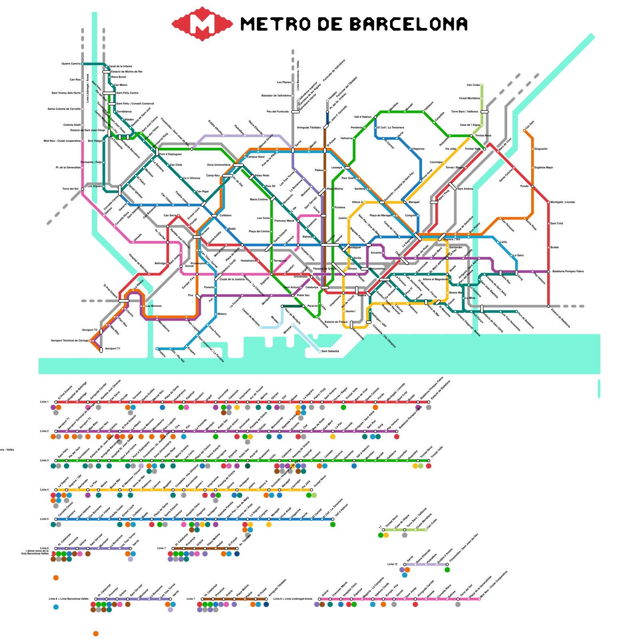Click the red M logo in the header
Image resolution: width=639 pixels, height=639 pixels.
click(x=202, y=24)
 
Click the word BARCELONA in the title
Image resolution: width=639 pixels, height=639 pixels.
click(x=409, y=24)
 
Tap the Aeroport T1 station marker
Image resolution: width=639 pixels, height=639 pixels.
click(x=101, y=350)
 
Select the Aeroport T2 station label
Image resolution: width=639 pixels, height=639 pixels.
click(x=89, y=330)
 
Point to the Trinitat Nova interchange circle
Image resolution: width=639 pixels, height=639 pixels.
click(x=471, y=136)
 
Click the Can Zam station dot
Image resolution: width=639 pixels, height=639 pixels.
click(x=524, y=130)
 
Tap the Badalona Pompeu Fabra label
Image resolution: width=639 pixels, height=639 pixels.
click(x=568, y=272)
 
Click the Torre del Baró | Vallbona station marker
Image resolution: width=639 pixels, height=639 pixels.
click(x=484, y=112)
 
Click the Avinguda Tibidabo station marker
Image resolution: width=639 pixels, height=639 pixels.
click(x=326, y=127)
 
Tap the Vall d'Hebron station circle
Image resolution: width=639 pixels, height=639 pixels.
click(x=375, y=117)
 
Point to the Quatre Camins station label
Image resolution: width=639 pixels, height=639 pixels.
click(x=71, y=64)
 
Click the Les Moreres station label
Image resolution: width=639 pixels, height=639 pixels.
click(x=154, y=306)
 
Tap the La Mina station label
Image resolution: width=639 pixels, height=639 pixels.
click(x=470, y=298)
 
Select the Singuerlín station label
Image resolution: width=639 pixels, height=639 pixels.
click(x=541, y=149)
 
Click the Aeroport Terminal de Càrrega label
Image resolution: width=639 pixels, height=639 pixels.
click(x=70, y=341)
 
